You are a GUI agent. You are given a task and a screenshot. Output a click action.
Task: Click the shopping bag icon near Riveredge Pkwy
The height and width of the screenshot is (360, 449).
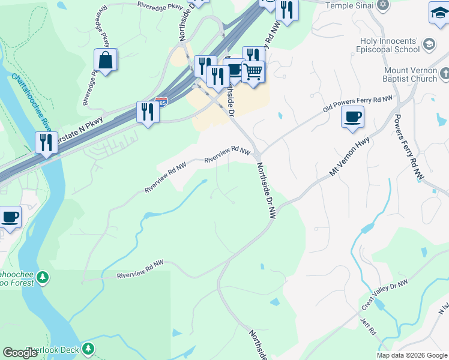(106, 61)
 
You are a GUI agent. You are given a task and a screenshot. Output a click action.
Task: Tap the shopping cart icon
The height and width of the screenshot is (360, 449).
(253, 72)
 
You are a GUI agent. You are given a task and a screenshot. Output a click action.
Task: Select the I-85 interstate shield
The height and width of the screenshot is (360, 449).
(161, 103)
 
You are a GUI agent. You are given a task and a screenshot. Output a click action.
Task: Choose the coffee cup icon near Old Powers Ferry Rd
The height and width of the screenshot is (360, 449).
(353, 116)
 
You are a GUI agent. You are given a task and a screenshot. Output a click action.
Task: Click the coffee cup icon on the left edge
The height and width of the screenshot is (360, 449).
(10, 217)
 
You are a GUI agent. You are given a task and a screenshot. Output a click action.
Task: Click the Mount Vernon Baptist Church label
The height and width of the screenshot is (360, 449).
(411, 74)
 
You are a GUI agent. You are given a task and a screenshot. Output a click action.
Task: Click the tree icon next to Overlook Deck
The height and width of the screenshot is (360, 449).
(88, 348)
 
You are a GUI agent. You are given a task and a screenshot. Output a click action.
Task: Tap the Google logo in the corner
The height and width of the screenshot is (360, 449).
(20, 353)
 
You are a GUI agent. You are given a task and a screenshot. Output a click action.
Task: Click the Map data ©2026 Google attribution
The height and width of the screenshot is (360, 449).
(412, 355)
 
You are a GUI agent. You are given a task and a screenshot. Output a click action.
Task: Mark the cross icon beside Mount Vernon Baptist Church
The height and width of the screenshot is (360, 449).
(444, 74)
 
